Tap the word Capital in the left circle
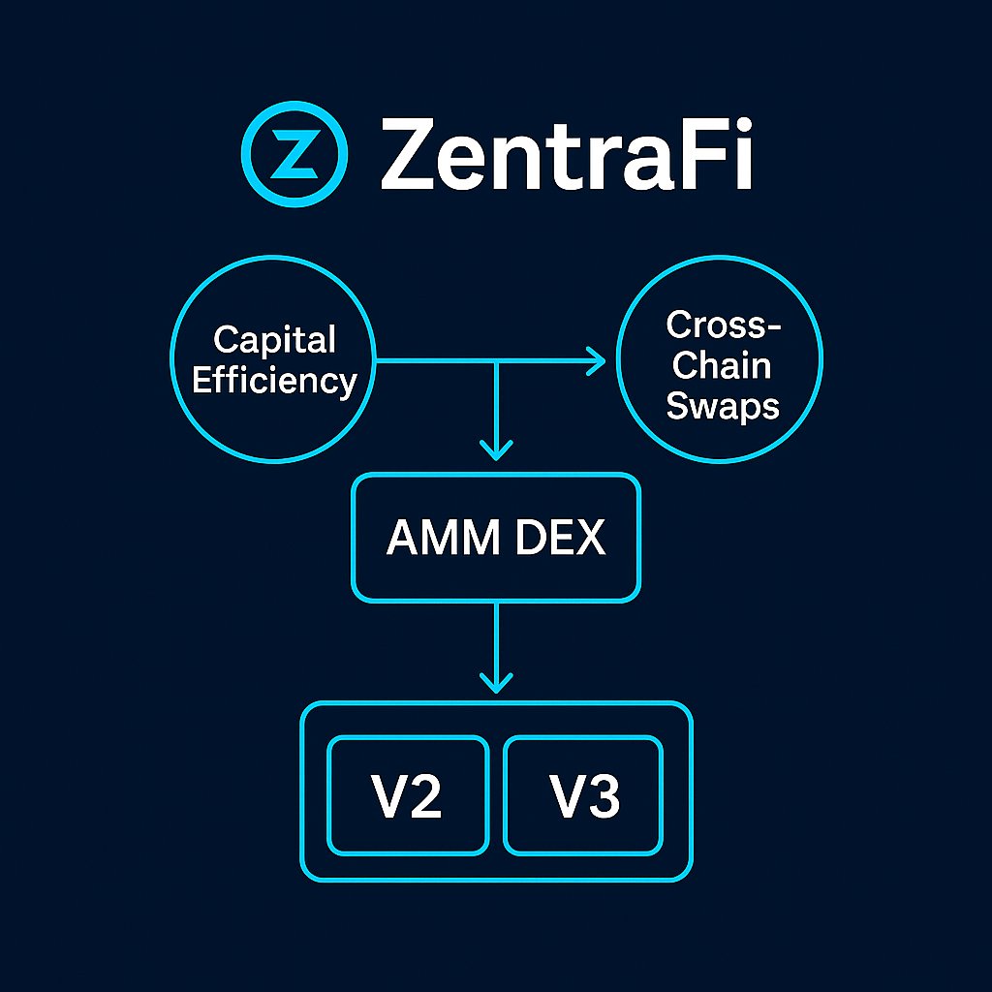pos(274,340)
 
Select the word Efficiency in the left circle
pos(274,381)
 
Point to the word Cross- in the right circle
pos(723,325)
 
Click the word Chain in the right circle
pos(723,365)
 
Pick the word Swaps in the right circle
pos(723,406)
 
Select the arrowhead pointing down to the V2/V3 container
pos(496,681)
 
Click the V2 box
pos(408,795)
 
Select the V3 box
pos(583,795)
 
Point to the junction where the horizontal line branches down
pos(496,361)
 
